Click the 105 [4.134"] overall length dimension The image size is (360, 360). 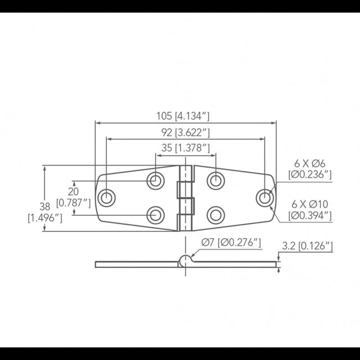click(x=183, y=116)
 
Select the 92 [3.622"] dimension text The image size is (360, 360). click(x=185, y=132)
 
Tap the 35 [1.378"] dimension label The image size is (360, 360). click(x=185, y=148)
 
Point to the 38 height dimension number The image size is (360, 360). click(x=45, y=207)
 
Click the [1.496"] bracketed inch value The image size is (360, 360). click(x=45, y=218)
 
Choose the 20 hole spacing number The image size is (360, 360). click(x=73, y=191)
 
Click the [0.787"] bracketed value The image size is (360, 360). click(x=73, y=203)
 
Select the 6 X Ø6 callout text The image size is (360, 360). click(x=310, y=164)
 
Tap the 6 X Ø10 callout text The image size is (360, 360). click(x=310, y=204)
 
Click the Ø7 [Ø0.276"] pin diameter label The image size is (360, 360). click(x=231, y=243)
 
